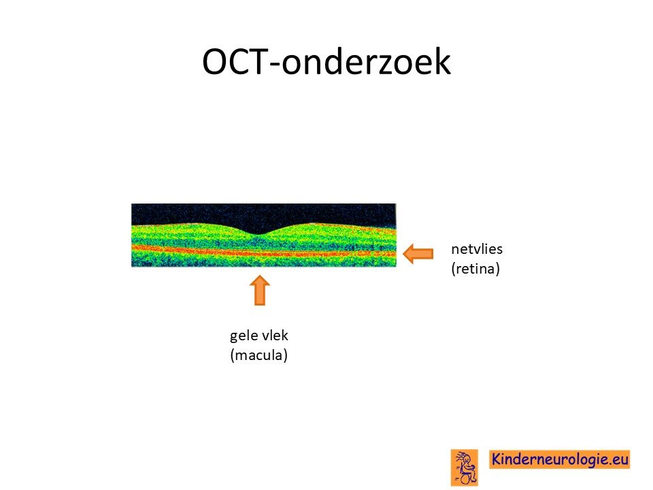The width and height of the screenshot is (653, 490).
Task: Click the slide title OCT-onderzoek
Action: pos(326,61)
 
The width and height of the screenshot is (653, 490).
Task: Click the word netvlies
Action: pos(476,249)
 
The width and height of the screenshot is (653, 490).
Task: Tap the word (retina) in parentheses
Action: pos(475,269)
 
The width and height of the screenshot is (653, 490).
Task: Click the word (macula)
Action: pos(258,355)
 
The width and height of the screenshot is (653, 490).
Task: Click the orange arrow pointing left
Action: pos(418,253)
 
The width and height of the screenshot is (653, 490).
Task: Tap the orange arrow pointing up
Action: pos(259,290)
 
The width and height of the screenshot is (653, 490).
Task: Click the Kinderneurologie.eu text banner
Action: pos(559,459)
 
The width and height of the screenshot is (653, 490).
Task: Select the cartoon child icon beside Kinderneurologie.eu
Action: pos(464,468)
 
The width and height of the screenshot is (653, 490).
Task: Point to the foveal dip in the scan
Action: pos(258,234)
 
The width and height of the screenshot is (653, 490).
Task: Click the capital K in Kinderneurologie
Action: pos(497,459)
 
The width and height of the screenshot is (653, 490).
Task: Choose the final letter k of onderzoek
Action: pos(442,61)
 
